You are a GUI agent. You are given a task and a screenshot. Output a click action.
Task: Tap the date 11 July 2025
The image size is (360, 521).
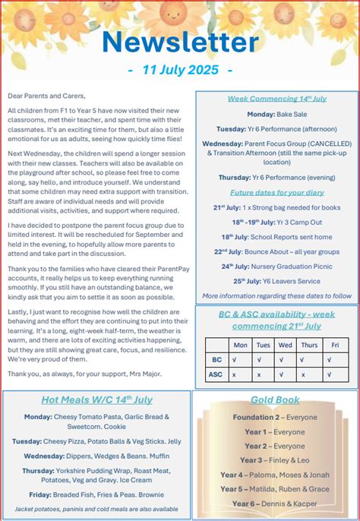point(180,70)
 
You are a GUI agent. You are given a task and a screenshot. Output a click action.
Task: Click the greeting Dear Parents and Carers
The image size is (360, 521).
point(46,96)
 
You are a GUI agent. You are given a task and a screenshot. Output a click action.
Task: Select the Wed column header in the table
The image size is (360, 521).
point(286,344)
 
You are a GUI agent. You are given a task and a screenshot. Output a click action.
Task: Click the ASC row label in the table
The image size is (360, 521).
point(215,374)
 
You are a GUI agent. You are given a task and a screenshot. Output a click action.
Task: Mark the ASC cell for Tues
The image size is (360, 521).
point(263,374)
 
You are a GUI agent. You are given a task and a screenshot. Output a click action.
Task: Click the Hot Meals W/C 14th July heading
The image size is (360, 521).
point(97,399)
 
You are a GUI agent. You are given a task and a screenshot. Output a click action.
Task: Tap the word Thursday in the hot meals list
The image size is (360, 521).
point(38,470)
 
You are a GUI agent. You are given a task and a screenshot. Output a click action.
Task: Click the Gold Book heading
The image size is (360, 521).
point(274,399)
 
